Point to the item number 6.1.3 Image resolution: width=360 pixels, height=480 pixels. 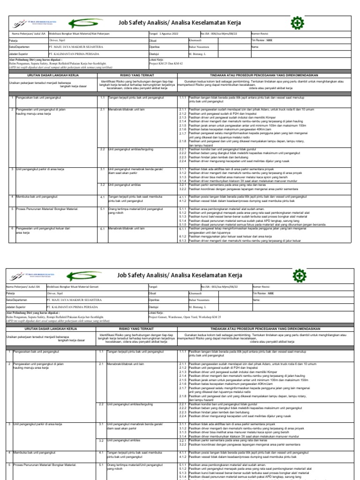tap(183, 240)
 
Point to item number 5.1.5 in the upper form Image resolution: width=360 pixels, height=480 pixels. tap(183, 225)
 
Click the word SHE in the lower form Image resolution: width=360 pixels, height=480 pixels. tap(270, 292)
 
